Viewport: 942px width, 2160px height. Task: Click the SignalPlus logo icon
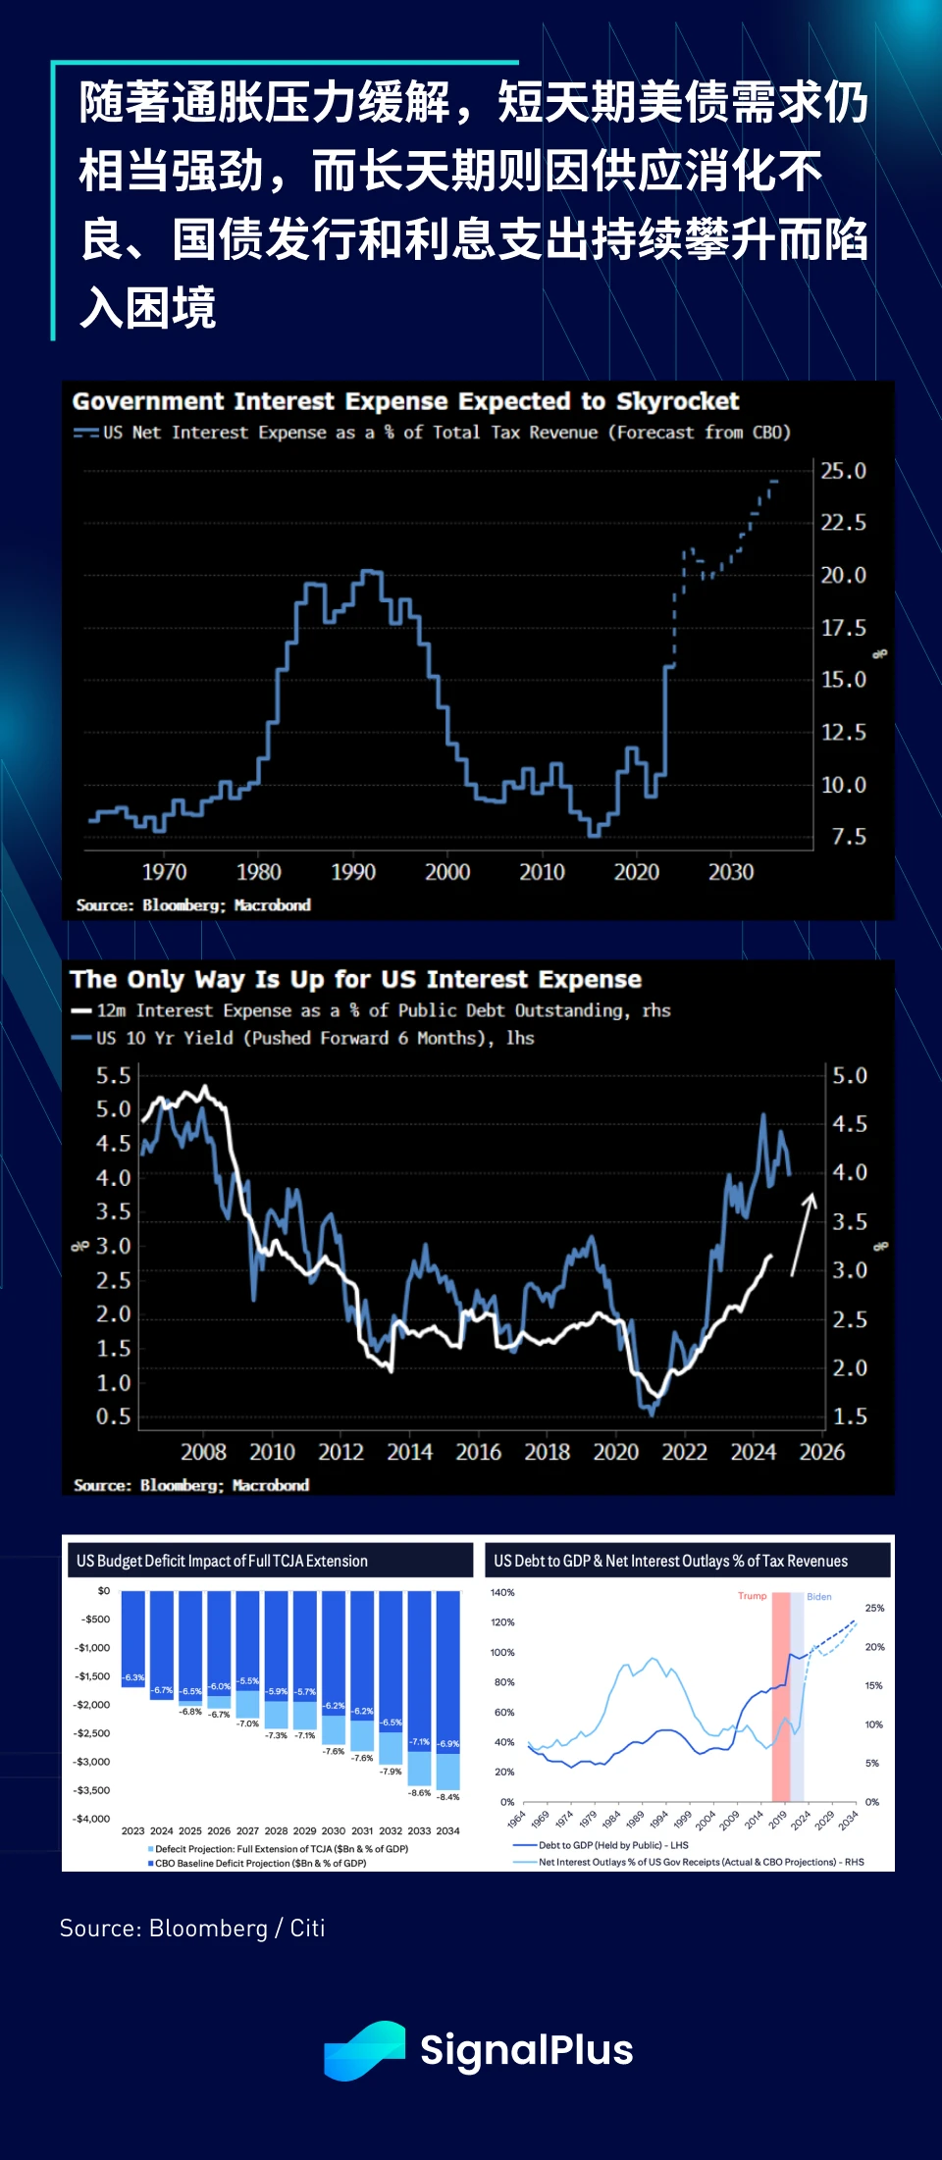tap(364, 2049)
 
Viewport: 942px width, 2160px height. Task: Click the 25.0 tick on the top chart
tap(843, 471)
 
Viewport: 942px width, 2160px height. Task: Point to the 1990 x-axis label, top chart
tap(353, 872)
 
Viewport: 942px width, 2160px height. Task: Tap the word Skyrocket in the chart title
tap(677, 401)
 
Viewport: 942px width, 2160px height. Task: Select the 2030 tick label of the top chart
tap(731, 872)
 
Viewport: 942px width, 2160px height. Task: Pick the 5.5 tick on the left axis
tap(113, 1076)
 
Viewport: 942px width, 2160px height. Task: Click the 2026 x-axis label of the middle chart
tap(821, 1452)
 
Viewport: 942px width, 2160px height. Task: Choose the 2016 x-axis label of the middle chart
tap(478, 1452)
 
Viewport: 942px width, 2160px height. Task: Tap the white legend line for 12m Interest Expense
tap(81, 1011)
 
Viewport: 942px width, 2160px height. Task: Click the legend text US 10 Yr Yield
tap(166, 1038)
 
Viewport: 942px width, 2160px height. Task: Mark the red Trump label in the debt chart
tap(752, 1596)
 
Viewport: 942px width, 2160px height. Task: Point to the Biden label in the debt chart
tap(819, 1597)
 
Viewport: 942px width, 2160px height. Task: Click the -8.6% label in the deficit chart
tap(419, 1793)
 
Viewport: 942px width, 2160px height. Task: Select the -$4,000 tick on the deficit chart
tap(92, 1819)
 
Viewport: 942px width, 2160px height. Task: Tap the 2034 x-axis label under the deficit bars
tap(447, 1830)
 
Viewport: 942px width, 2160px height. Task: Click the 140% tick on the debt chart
tap(502, 1593)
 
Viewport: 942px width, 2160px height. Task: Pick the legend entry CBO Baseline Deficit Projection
tap(260, 1863)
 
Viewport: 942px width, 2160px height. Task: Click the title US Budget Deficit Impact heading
tap(222, 1561)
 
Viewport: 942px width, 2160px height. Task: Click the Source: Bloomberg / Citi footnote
tap(192, 1929)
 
